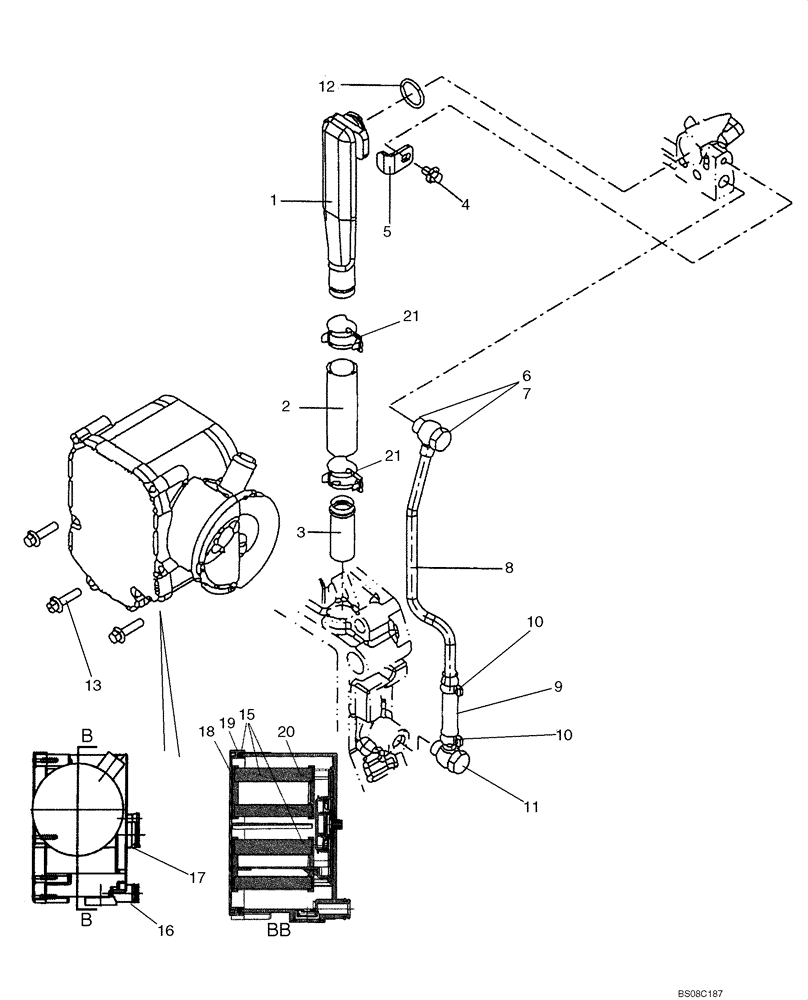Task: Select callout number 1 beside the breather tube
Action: pyautogui.click(x=273, y=201)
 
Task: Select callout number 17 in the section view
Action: pyautogui.click(x=197, y=878)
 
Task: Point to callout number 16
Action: pyautogui.click(x=166, y=930)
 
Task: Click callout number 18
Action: pyautogui.click(x=207, y=733)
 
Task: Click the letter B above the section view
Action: pyautogui.click(x=86, y=736)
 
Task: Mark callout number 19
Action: pyautogui.click(x=226, y=722)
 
